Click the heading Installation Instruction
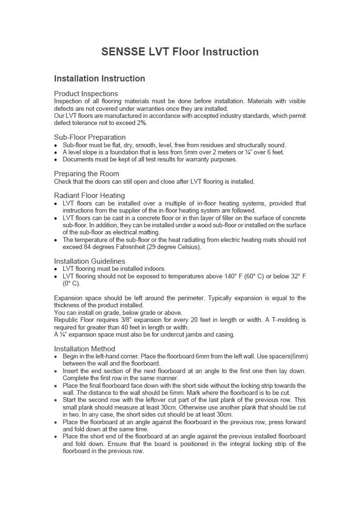coord(99,79)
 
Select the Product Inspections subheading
coord(86,94)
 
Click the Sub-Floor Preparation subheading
coord(89,137)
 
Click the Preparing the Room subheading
coord(86,174)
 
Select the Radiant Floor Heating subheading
coord(89,196)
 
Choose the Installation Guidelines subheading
coord(89,261)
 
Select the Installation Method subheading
coord(84,349)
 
